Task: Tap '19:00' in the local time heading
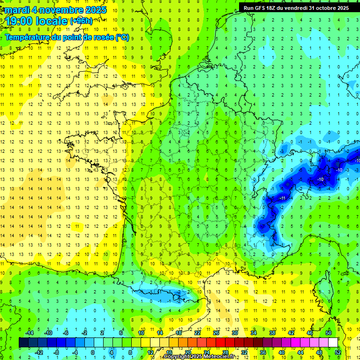tap(20, 21)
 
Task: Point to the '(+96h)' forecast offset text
tap(81, 21)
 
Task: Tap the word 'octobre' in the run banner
tap(325, 8)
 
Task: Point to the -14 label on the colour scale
tap(29, 332)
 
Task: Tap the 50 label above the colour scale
tap(329, 332)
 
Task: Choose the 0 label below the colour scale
tap(93, 352)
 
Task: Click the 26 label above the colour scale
tap(216, 332)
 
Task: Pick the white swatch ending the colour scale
tap(333, 343)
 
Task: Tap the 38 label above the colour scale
tap(272, 332)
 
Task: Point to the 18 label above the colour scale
tap(179, 332)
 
